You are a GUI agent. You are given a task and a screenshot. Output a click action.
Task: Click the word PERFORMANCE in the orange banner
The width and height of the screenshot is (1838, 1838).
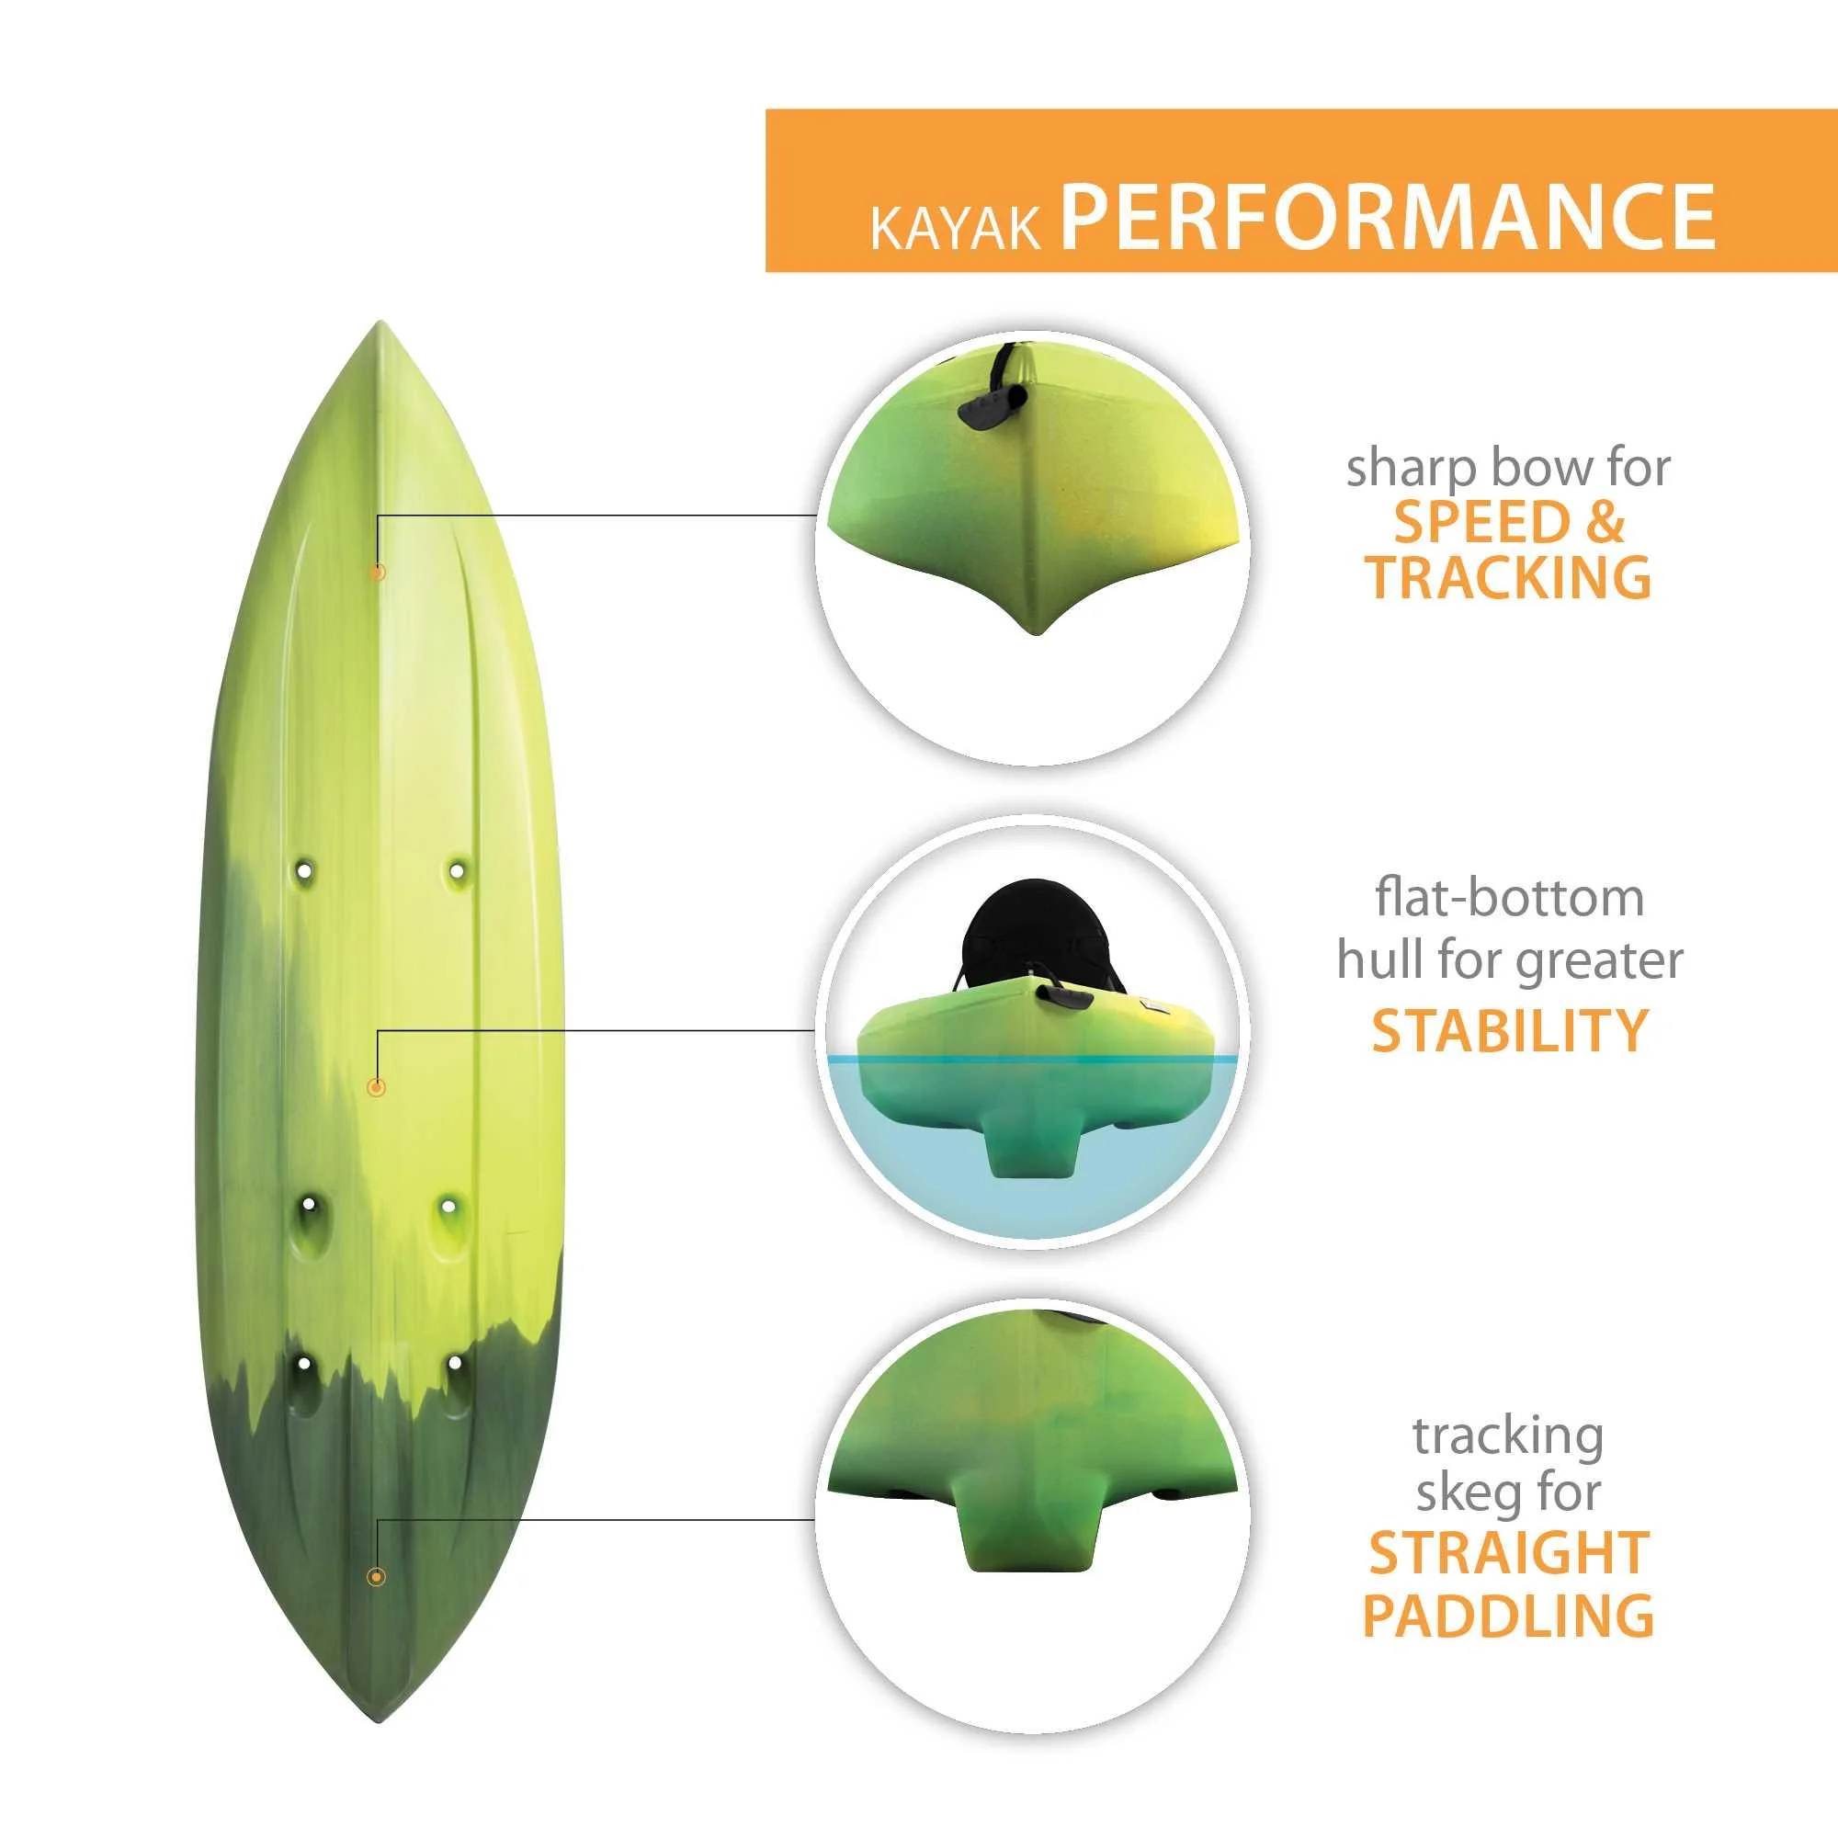coord(1388,216)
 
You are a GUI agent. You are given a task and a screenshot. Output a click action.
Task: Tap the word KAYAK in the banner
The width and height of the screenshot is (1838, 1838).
coord(955,229)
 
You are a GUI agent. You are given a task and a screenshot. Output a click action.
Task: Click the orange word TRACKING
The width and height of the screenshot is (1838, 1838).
coord(1508,576)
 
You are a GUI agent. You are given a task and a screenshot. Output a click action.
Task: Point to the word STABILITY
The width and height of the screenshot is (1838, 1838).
coord(1509,1030)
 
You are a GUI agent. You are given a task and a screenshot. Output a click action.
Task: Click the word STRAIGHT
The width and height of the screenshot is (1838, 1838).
coord(1509,1553)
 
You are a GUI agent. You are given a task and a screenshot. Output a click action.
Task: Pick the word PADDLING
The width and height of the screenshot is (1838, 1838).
coord(1508,1615)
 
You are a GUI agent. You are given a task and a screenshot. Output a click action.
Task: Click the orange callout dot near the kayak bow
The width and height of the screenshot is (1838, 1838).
coord(378,572)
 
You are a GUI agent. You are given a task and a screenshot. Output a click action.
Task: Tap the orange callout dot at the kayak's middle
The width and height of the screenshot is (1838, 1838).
coord(377,1086)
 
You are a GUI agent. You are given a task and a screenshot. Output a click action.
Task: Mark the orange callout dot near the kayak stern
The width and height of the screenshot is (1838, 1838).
coord(376,1577)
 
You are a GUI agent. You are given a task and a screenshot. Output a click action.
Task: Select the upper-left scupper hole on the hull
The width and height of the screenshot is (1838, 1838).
coord(304,869)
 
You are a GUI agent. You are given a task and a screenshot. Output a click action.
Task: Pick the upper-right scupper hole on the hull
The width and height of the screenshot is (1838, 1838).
coord(457,869)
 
